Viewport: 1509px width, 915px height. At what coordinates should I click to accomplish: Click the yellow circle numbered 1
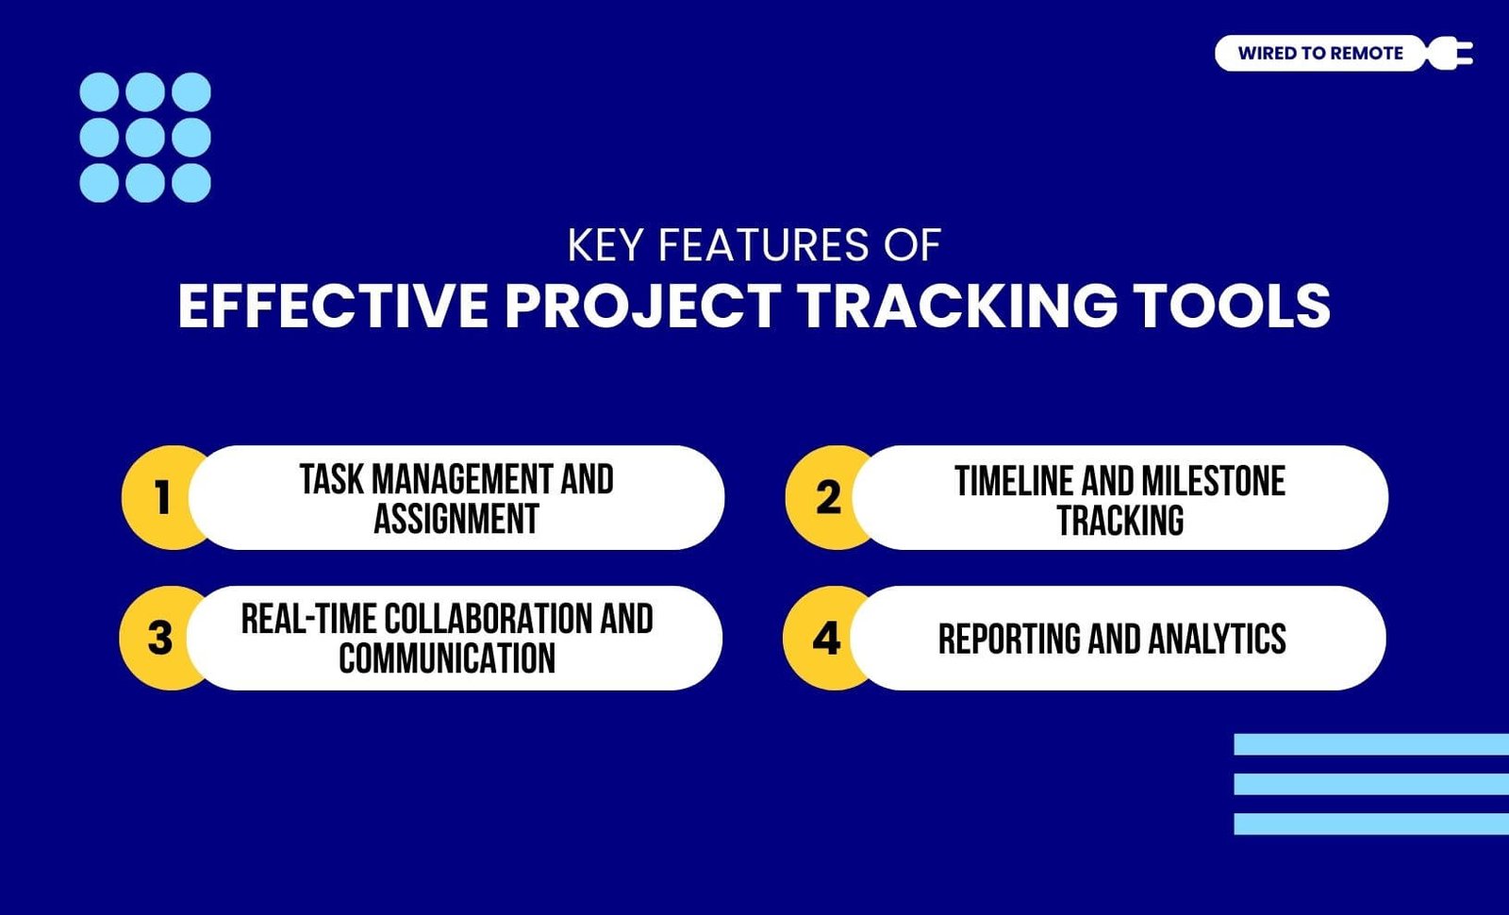coord(160,497)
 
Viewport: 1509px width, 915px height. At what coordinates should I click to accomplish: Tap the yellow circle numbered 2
coord(826,497)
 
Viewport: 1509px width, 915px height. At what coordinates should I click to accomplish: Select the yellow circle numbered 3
coord(159,638)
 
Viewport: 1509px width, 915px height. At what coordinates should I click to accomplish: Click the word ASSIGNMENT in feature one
coord(456,519)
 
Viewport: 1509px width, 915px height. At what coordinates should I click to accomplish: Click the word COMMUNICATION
coord(447,658)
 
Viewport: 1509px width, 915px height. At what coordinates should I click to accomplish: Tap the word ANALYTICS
coord(1218,639)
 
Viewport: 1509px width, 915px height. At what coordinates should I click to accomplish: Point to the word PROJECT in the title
coord(643,306)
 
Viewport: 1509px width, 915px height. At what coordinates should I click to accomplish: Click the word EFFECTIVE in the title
coord(333,306)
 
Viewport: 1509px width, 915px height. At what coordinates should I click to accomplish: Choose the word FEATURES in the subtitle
coord(764,244)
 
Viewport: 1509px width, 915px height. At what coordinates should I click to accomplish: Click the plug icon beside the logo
coord(1449,53)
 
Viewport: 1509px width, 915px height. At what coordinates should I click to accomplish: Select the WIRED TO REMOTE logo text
coord(1320,53)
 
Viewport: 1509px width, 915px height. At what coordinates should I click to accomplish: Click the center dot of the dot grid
coord(145,138)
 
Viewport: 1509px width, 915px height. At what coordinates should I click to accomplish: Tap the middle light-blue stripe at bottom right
coord(1371,784)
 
